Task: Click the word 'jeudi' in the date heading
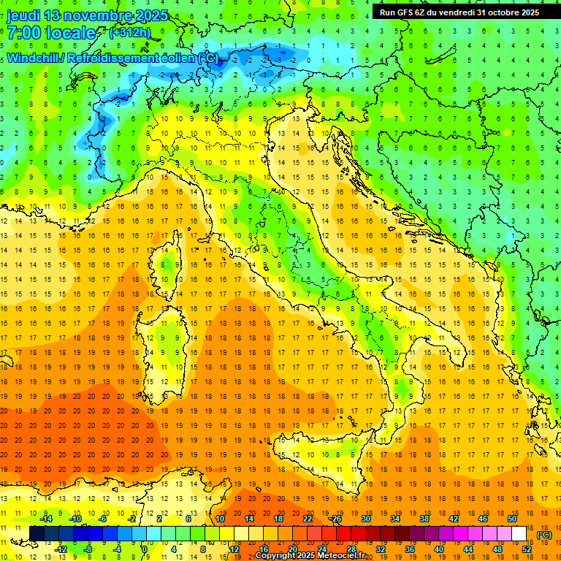tap(23, 15)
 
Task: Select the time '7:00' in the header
tap(23, 33)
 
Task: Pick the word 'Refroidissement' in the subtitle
tap(113, 58)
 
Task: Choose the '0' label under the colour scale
tap(145, 549)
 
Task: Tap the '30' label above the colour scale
tap(366, 518)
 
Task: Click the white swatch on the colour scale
tap(519, 533)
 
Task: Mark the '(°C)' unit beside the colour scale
tap(544, 534)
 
